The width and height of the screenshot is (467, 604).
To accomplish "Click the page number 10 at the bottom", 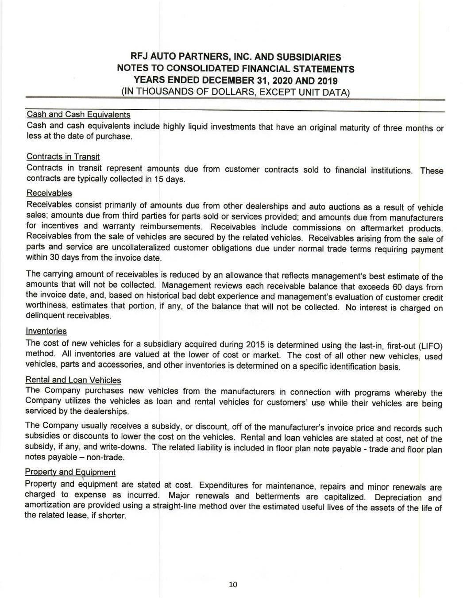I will click(233, 585).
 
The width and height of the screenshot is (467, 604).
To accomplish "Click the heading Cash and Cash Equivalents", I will click(78, 115).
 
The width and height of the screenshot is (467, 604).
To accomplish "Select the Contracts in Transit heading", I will click(63, 157).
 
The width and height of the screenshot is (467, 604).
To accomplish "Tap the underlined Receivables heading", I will click(49, 193).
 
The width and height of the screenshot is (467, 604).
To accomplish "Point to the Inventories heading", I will click(46, 331).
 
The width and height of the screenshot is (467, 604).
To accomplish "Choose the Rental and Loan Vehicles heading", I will click(73, 380).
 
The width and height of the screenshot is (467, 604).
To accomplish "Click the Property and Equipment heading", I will click(70, 472).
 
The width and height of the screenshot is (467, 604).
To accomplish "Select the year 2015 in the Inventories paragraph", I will click(255, 345).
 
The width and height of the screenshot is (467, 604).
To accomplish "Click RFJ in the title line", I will click(140, 57).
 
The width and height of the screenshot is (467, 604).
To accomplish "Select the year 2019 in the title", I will click(327, 81).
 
